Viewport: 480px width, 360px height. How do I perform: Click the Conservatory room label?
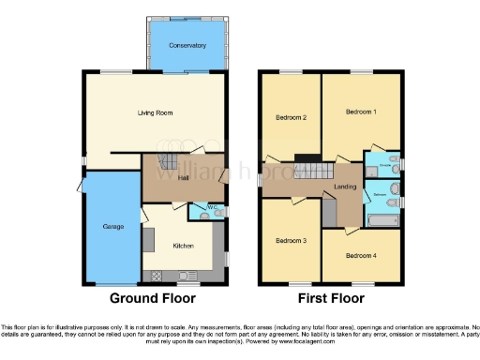point(187,45)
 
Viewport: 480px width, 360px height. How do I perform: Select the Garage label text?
point(101,227)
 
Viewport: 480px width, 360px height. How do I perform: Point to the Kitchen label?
point(183,246)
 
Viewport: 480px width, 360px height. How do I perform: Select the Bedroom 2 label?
point(292,118)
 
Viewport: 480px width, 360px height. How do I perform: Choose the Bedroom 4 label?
point(361,255)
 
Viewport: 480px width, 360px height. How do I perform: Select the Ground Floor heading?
point(153,299)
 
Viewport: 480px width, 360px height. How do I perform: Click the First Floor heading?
point(331,299)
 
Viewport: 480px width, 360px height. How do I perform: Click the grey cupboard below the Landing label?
point(329,213)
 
